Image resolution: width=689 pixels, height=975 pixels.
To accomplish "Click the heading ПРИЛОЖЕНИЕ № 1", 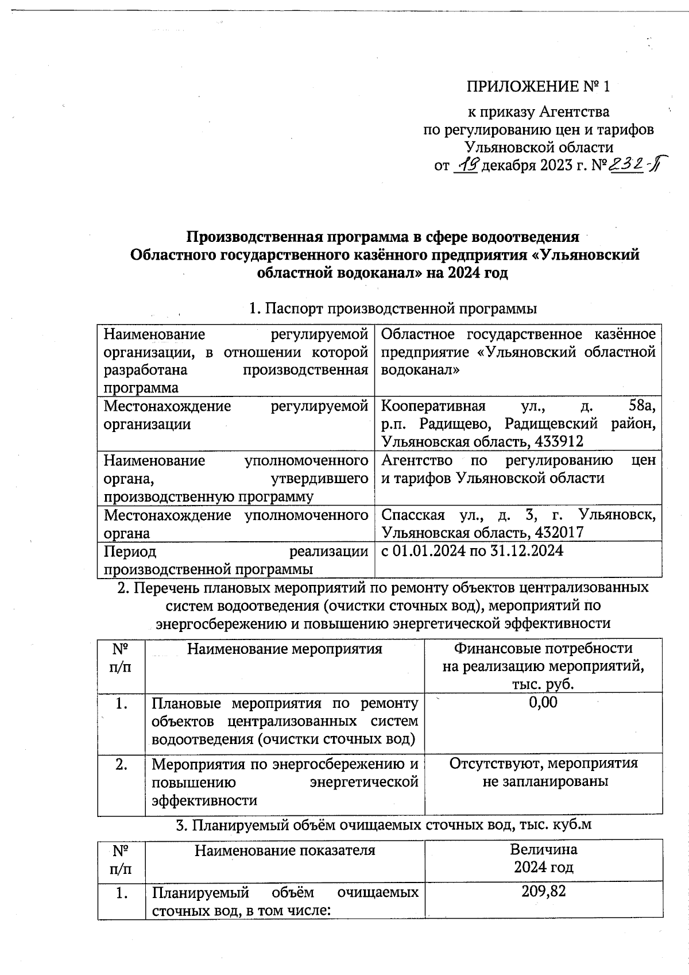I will pyautogui.click(x=537, y=87).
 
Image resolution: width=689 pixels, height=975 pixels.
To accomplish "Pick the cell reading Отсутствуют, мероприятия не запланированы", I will pyautogui.click(x=543, y=772).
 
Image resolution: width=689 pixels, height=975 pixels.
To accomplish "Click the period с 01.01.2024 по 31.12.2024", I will pyautogui.click(x=472, y=550).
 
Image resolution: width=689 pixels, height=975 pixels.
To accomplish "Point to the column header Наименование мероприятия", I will pyautogui.click(x=285, y=649).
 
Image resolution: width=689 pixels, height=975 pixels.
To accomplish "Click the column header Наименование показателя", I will pyautogui.click(x=285, y=850).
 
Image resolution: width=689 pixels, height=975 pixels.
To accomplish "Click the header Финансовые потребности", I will pyautogui.click(x=543, y=649).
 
